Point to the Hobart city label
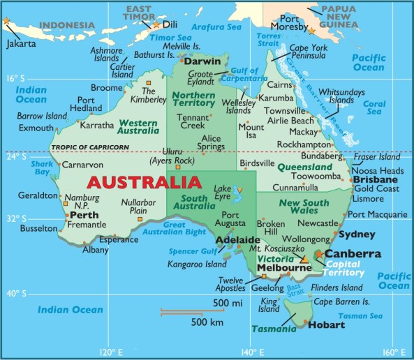point(327,324)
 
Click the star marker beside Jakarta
point(7,20)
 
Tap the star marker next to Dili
point(156,24)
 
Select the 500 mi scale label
point(228,303)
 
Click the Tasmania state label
point(274,329)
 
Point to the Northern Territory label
point(194,99)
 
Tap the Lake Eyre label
point(222,193)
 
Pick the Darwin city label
point(203,61)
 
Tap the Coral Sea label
point(374,107)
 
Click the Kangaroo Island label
point(197,264)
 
